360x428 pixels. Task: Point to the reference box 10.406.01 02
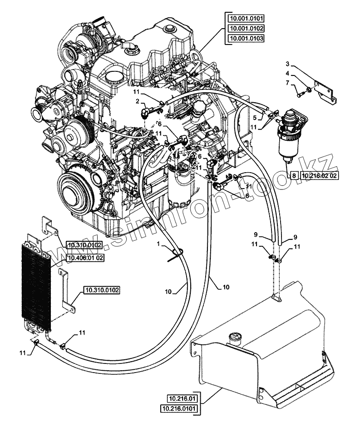click(86, 258)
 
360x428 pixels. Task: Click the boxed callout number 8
click(294, 175)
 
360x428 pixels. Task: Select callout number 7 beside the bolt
click(287, 83)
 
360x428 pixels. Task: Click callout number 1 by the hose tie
click(158, 244)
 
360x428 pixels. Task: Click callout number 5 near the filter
click(255, 118)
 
